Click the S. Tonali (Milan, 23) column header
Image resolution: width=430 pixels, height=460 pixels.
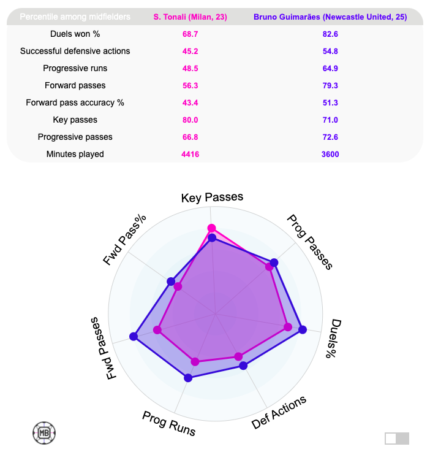click(190, 17)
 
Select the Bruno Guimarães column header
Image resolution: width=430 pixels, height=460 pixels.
click(330, 17)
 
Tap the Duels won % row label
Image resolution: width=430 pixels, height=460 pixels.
click(75, 34)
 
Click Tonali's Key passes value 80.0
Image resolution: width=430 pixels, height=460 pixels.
click(190, 120)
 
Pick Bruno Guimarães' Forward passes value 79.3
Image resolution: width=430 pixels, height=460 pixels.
click(330, 85)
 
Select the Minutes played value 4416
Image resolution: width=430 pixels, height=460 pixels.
click(190, 154)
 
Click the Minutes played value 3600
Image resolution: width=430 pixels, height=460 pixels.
click(330, 154)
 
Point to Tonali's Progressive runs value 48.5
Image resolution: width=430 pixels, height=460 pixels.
click(190, 68)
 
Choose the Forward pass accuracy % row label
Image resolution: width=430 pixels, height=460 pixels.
click(75, 102)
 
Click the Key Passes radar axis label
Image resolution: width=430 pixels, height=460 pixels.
click(213, 197)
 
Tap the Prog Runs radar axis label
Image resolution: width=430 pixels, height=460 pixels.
click(169, 424)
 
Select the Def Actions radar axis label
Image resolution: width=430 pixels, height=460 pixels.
click(279, 412)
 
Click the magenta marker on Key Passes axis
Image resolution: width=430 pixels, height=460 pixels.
click(212, 228)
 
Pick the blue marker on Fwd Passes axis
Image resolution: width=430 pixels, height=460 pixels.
click(134, 335)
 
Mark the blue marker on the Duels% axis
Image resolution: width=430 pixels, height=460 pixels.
click(302, 330)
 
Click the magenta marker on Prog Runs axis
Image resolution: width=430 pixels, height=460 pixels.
click(195, 361)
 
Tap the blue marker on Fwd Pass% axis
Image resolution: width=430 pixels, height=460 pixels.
click(171, 282)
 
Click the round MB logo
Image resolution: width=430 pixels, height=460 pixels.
click(44, 432)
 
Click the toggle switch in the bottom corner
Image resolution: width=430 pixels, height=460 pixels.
click(396, 438)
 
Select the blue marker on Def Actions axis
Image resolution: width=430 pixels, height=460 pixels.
click(243, 366)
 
